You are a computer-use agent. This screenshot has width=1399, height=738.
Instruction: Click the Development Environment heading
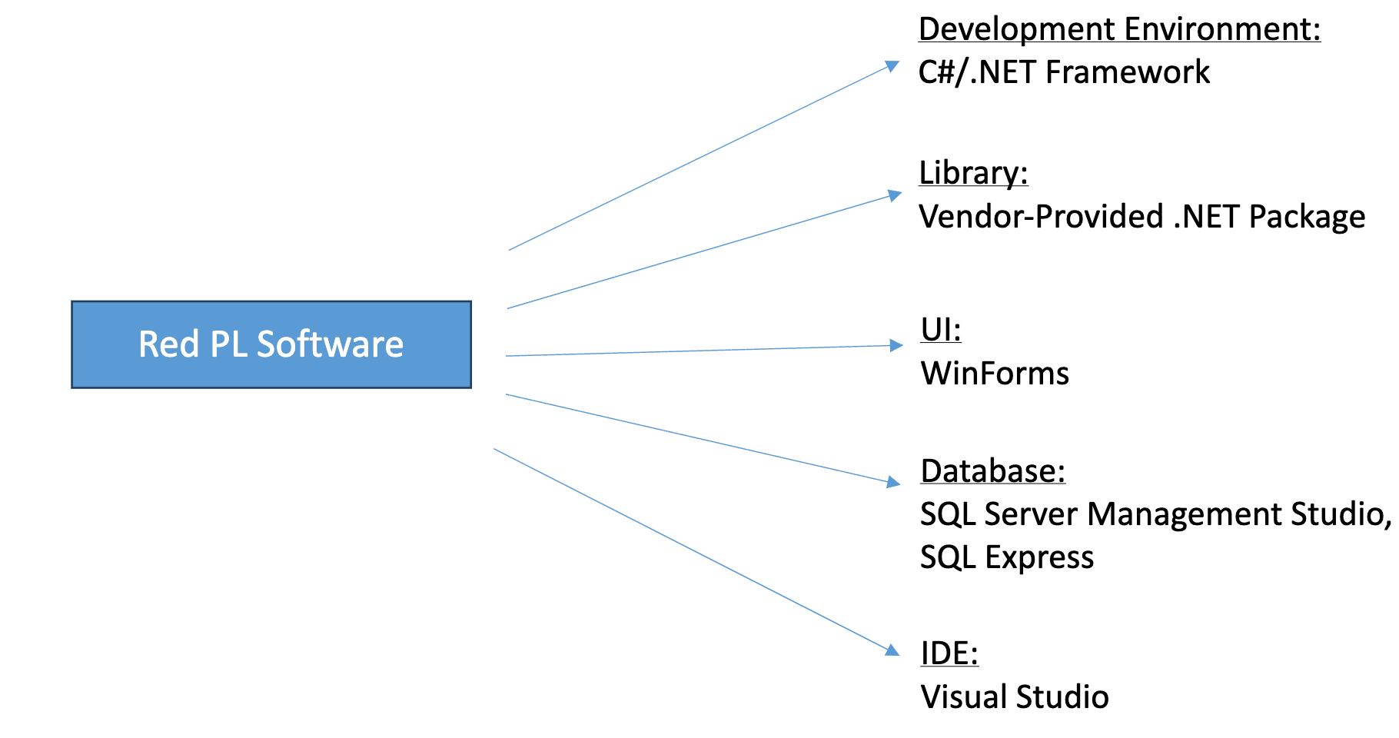coord(1118,29)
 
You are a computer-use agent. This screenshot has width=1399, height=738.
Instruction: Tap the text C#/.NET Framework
coord(1063,72)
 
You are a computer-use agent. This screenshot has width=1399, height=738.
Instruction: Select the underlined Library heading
coord(972,172)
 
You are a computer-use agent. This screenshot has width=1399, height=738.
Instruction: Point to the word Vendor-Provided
coord(1040,217)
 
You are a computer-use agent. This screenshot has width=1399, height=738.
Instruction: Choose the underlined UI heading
coord(940,330)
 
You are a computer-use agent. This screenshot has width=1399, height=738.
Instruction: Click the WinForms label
coord(995,374)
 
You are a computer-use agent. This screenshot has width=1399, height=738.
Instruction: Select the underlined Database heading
coord(992,471)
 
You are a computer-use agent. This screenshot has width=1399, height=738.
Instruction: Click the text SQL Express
coord(1006,557)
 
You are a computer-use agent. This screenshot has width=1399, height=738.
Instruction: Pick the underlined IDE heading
coord(949,653)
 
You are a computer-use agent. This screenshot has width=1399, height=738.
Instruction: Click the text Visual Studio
coord(1014,697)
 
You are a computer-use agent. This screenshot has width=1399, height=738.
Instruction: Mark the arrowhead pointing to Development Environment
coord(892,66)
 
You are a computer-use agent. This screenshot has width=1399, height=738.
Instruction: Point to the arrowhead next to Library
coord(894,195)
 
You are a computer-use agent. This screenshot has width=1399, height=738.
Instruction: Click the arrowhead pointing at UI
coord(896,345)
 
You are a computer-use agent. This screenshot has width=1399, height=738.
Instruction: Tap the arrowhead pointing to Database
coord(893,482)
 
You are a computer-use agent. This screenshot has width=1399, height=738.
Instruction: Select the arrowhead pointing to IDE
coord(892,650)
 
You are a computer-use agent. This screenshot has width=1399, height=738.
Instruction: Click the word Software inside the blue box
coord(330,344)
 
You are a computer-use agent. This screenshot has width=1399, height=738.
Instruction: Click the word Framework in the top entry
coord(1127,72)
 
